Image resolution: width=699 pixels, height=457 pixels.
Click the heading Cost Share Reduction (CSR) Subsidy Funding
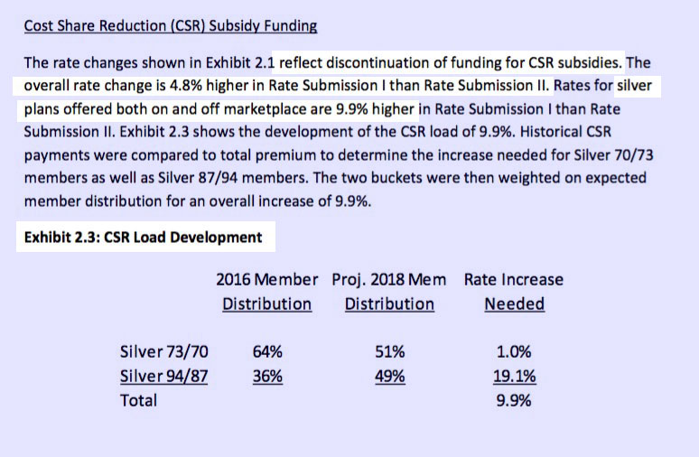[x=171, y=25]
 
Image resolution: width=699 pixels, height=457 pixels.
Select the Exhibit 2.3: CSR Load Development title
[x=144, y=238]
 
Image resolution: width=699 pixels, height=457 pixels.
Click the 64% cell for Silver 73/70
[x=266, y=351]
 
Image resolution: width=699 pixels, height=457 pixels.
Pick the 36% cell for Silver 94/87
[x=266, y=376]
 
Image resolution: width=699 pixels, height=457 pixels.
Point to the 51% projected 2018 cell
[x=389, y=351]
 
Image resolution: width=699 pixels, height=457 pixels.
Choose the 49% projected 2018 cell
[x=389, y=376]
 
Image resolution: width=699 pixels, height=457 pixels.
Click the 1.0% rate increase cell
[x=514, y=351]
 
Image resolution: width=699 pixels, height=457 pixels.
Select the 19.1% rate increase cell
[x=514, y=376]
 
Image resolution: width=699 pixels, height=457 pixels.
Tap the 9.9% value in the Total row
[x=514, y=399]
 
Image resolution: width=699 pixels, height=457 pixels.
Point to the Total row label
[x=138, y=399]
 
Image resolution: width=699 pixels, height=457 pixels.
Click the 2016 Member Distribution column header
[x=266, y=291]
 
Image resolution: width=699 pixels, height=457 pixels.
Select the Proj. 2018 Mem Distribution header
[x=389, y=291]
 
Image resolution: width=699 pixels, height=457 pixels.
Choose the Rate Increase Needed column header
[x=514, y=291]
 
